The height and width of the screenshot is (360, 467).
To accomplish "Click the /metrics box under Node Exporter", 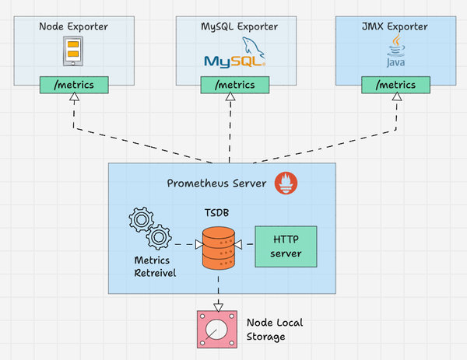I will (74, 84).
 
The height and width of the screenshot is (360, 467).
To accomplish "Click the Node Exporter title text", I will (73, 27).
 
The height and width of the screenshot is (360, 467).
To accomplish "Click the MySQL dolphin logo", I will (234, 57).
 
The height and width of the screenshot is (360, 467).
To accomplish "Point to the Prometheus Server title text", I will (216, 183).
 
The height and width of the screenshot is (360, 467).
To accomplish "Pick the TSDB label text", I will (219, 211).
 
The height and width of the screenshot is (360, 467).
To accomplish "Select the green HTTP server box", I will (286, 246).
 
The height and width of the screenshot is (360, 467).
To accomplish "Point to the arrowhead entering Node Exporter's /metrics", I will (74, 97).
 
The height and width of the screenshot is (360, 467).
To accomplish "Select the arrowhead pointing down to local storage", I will (219, 306).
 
